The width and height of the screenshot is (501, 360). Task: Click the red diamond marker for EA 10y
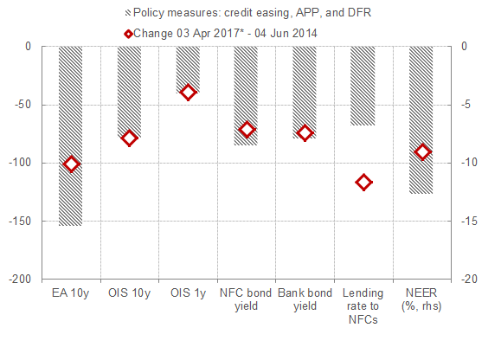pos(71,164)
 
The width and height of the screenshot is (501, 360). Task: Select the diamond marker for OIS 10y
pos(129,138)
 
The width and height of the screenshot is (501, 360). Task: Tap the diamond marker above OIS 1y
pos(188,93)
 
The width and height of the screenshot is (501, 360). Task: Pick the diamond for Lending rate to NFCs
pos(363,183)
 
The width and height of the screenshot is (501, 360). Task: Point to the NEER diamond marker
pos(422,151)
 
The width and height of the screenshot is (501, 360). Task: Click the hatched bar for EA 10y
pos(71,136)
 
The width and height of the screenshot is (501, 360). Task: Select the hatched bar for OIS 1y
pos(188,69)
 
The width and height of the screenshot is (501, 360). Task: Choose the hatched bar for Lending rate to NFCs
pos(363,86)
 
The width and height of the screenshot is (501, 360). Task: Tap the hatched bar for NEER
pos(421,120)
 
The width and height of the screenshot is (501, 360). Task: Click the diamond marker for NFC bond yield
pos(247,130)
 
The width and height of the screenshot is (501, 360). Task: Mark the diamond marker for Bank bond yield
pos(305,133)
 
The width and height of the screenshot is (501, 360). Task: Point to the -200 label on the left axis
pos(20,280)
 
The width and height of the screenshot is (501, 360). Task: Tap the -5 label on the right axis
pos(466,105)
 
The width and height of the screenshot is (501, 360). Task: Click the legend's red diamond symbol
pos(128,34)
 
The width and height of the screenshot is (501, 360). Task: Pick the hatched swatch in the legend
pos(128,13)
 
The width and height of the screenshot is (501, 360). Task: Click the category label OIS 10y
pos(129,293)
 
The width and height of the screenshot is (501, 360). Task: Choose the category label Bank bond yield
pos(305,299)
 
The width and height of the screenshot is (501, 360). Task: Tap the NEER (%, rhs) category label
pos(421,299)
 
